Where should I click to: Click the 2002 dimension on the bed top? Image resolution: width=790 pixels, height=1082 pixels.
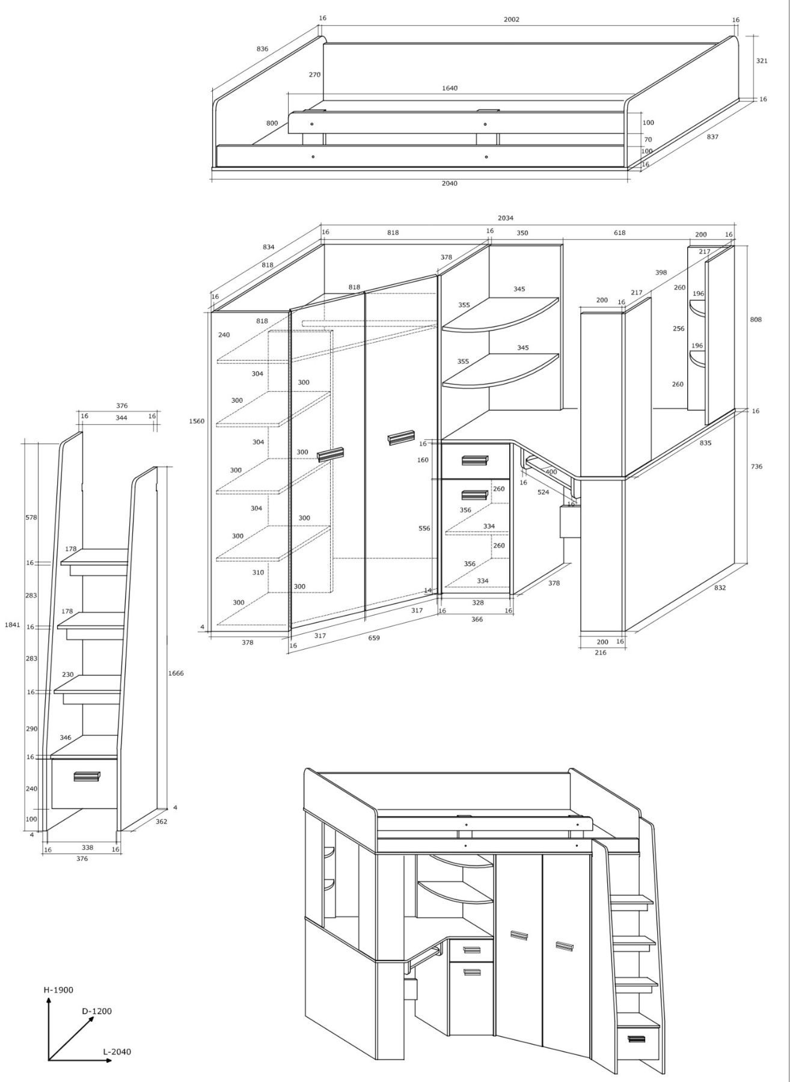point(511,19)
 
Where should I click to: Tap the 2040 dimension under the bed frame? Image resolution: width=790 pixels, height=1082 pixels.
point(449,183)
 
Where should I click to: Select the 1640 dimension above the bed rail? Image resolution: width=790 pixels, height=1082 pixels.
point(450,88)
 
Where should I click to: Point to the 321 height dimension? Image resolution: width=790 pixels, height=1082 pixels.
point(762,61)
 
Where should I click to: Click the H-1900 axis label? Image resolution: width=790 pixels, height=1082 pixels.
point(58,989)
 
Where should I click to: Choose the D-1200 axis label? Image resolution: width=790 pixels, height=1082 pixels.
point(97,1011)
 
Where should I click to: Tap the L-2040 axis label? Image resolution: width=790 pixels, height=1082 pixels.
point(117,1051)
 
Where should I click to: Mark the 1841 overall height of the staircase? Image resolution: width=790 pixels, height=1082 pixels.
point(13,625)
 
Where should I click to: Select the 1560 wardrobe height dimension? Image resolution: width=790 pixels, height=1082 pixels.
point(197,421)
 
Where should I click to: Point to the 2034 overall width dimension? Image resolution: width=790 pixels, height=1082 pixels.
point(506,218)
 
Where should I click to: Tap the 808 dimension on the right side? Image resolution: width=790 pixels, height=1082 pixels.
point(756,319)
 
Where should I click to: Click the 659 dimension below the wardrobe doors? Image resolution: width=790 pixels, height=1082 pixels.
point(374,638)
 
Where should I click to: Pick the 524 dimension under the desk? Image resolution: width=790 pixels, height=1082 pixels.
point(543,492)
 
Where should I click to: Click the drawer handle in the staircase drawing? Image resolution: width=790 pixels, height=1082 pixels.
point(87,777)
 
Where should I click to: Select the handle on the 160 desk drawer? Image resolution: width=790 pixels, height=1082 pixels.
point(475,460)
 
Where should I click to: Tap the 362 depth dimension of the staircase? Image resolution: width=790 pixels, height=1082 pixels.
point(161,821)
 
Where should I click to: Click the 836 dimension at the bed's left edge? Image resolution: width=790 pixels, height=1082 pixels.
point(262,49)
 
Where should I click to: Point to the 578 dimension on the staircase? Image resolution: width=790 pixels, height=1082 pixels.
point(31,517)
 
